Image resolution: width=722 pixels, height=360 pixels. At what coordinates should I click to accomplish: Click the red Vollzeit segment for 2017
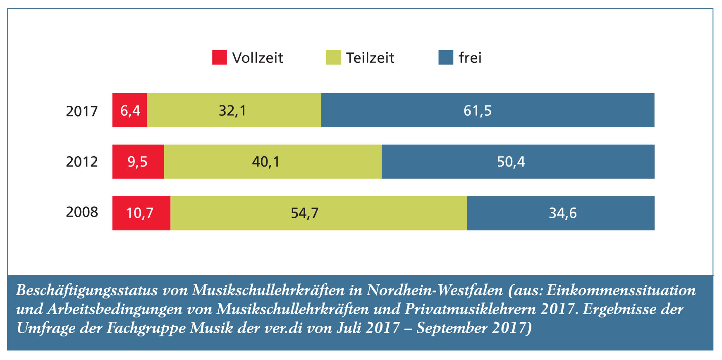130,110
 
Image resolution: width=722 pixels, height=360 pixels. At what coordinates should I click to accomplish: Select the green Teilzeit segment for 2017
234,110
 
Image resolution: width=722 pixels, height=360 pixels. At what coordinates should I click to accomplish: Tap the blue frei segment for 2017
488,110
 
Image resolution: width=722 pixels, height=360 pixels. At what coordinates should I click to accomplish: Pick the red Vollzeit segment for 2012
138,162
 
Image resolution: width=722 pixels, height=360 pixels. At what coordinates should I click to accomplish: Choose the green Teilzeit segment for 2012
273,162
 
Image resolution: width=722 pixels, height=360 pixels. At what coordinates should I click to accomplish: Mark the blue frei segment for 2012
518,162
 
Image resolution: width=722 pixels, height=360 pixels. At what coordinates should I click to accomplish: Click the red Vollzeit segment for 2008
141,213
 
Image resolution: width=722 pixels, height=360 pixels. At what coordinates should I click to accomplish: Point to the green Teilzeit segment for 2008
318,213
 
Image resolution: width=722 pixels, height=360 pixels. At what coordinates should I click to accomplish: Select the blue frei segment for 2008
561,213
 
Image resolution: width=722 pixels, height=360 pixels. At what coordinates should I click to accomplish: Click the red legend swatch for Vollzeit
220,57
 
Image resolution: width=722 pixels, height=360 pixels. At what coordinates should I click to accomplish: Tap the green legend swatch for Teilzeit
333,57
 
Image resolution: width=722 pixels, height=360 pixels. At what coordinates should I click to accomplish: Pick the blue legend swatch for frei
446,57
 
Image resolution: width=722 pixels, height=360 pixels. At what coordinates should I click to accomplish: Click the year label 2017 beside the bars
82,111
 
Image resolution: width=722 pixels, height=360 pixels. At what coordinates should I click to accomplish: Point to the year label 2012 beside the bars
82,162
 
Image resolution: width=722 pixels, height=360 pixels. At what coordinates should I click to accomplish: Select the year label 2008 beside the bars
82,212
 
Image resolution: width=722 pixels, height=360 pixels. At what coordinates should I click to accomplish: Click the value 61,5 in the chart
478,111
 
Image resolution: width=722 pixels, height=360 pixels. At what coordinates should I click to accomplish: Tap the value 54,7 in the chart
305,213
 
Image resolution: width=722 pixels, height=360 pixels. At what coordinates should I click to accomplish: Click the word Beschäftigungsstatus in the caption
87,291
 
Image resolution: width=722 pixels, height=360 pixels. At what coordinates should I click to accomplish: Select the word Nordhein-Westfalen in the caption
435,290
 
